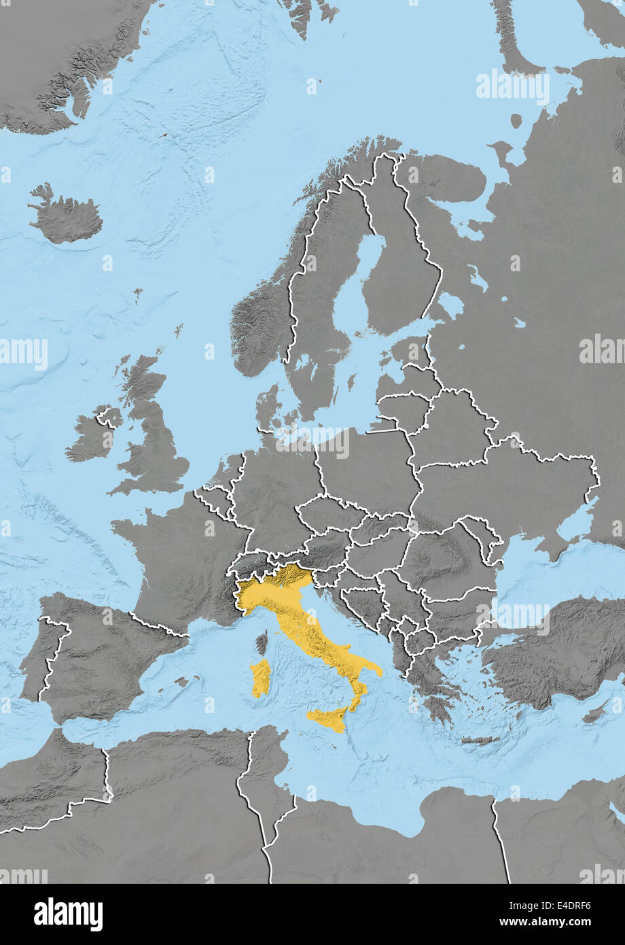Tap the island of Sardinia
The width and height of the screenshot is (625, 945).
pos(260,678)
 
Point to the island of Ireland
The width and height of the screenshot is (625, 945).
pos(92,438)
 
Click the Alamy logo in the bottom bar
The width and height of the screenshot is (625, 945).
pos(68,914)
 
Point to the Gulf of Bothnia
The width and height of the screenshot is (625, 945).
pos(367,272)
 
